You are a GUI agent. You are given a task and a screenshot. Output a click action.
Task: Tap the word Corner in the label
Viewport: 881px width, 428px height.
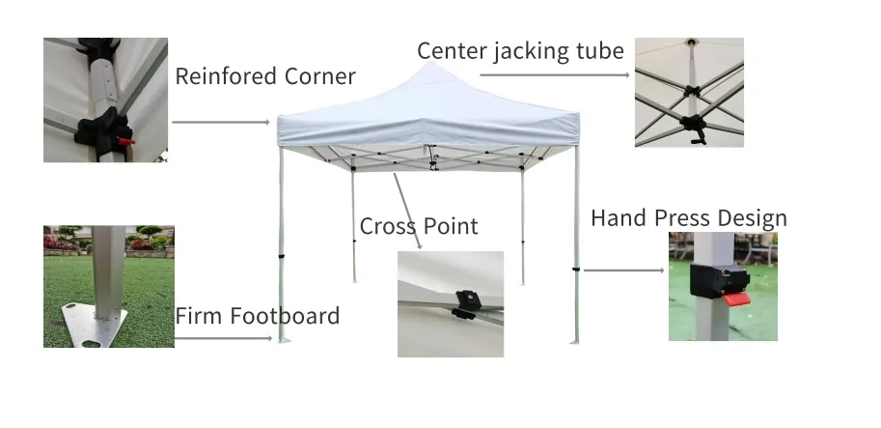pyautogui.click(x=318, y=77)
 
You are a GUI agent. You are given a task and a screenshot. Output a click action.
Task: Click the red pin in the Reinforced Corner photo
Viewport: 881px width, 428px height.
pyautogui.click(x=128, y=142)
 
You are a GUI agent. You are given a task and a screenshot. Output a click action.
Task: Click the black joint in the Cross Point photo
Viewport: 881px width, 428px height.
pyautogui.click(x=465, y=302)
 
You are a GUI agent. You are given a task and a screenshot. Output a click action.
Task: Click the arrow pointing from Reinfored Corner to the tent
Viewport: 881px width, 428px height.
pyautogui.click(x=221, y=123)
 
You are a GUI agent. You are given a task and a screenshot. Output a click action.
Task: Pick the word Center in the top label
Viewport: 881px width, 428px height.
pyautogui.click(x=451, y=51)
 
